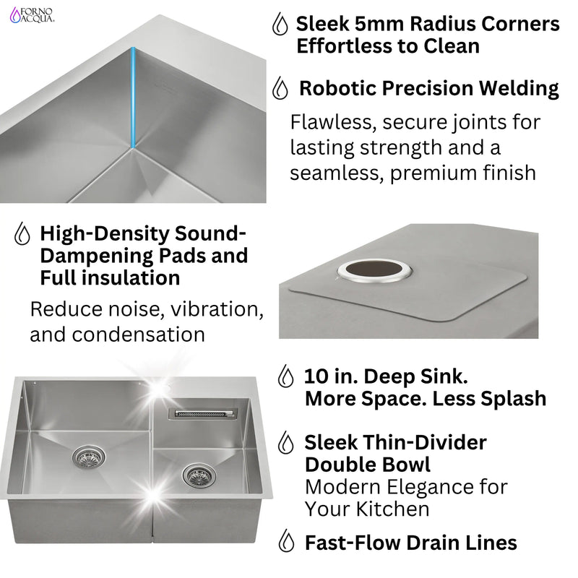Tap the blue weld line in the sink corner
(133, 98)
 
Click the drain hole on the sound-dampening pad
(374, 270)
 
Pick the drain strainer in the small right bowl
(197, 475)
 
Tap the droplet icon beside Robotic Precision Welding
(280, 89)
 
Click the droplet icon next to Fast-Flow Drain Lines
(288, 541)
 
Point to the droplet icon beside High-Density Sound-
(22, 235)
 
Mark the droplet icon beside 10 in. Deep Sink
(287, 376)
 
